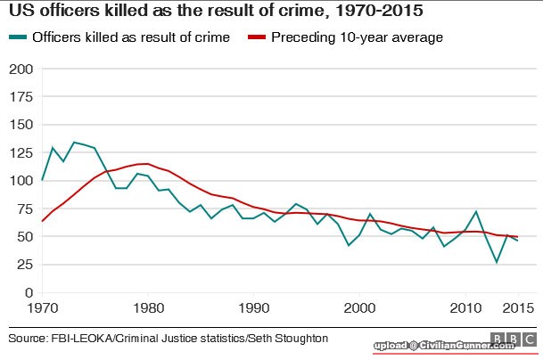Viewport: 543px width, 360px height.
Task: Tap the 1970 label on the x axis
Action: (x=43, y=308)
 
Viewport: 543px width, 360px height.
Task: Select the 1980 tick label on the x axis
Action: (x=148, y=308)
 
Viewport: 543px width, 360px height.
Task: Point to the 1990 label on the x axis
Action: (x=254, y=308)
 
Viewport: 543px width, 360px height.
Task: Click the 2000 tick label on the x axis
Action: (x=359, y=308)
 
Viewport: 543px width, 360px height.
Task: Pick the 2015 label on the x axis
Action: (x=515, y=308)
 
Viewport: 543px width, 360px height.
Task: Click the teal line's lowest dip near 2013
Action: (x=497, y=262)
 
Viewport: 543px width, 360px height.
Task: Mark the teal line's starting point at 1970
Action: (x=43, y=180)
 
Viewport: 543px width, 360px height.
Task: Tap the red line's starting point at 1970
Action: (x=43, y=220)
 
